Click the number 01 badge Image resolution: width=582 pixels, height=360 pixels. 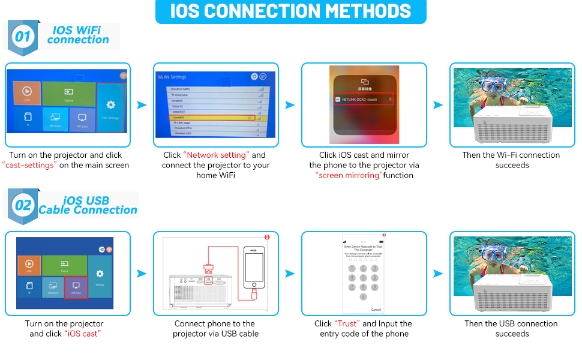22,37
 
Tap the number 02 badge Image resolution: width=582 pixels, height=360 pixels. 23,205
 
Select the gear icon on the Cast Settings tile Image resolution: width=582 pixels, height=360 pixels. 110,105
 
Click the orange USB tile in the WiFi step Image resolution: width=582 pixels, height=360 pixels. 27,94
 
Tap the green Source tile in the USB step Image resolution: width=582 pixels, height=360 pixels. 64,266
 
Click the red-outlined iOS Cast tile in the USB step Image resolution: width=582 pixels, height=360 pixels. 76,287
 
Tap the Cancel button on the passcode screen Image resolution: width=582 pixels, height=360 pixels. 376,310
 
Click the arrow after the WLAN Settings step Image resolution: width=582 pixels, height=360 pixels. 289,106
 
